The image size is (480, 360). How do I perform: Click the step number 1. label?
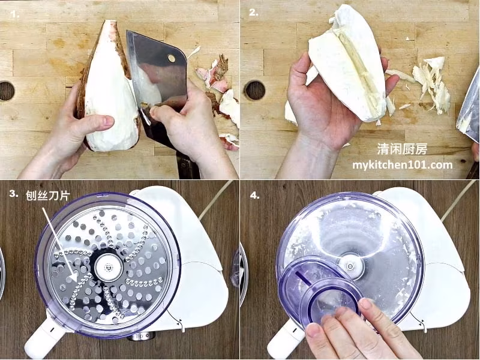click(x=15, y=14)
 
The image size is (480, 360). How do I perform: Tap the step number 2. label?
click(x=254, y=13)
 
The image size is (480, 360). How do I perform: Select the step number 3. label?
click(x=14, y=193)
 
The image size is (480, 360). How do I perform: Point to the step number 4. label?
click(x=254, y=195)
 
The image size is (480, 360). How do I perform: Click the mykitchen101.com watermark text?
click(x=402, y=166)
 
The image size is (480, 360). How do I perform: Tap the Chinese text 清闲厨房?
click(x=402, y=149)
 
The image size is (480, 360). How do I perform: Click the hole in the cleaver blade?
click(x=172, y=58)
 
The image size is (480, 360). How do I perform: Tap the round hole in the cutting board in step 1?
click(x=6, y=91)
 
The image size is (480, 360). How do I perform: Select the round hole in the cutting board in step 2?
click(x=254, y=91)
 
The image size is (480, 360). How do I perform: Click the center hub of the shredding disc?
click(x=109, y=267)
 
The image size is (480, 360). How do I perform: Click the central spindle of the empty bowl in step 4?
click(x=350, y=266)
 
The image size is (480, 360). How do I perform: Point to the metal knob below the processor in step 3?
click(x=142, y=335)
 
